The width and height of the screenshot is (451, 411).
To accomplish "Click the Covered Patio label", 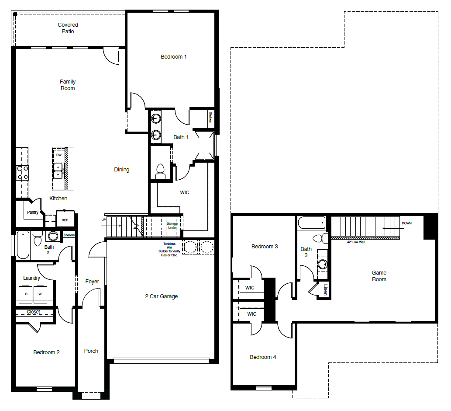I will tap(68, 28).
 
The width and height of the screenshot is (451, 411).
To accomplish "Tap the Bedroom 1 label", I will tap(174, 56).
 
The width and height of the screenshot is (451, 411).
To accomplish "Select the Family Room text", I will tap(68, 85).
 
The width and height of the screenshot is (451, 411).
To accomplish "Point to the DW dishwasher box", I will tap(59, 155).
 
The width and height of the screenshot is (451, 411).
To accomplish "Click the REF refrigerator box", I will tap(65, 220).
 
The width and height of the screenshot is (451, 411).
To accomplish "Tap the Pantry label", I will tap(32, 212).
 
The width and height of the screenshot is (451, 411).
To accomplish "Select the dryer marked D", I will tap(26, 294).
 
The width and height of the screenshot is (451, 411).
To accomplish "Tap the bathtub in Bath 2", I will tap(23, 245).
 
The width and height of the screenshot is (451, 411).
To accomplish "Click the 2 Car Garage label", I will tap(162, 296).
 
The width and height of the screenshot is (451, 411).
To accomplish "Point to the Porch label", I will tap(91, 351).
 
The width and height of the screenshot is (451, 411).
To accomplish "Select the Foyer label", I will tap(92, 282).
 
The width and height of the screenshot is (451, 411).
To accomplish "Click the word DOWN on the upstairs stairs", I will tap(406, 223).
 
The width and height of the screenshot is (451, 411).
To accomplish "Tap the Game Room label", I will tap(379, 276).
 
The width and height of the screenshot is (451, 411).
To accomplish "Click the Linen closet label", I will tap(325, 289).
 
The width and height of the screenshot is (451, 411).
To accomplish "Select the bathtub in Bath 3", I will tap(311, 223).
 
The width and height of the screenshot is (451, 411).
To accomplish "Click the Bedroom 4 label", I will tap(263, 357).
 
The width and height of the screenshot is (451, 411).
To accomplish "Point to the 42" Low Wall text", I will tap(356, 242).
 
